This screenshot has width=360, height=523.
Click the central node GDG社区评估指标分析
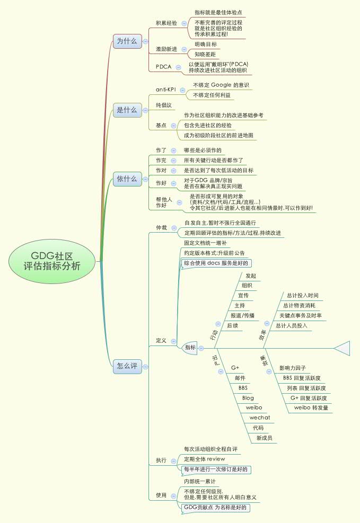click(x=52, y=261)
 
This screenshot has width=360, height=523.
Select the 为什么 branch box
click(x=127, y=41)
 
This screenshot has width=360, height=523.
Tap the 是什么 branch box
click(x=127, y=110)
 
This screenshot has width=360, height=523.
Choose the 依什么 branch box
click(x=127, y=179)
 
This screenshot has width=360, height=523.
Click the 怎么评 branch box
click(x=127, y=366)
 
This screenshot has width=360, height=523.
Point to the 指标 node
click(x=190, y=348)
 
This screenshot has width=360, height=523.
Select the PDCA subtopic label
click(x=163, y=67)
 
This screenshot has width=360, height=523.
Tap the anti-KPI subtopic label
click(x=166, y=89)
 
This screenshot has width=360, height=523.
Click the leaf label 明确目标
click(x=205, y=45)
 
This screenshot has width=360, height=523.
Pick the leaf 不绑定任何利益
click(x=212, y=95)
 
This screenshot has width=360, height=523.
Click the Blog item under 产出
click(x=248, y=397)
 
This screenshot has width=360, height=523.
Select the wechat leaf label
click(x=260, y=418)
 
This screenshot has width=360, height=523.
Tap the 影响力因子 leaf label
click(x=293, y=368)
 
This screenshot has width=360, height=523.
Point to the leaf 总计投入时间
click(x=302, y=295)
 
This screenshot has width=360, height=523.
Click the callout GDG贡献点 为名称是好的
click(x=215, y=507)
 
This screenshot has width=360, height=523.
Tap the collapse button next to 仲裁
click(x=173, y=227)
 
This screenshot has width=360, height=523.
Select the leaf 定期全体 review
click(x=204, y=459)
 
